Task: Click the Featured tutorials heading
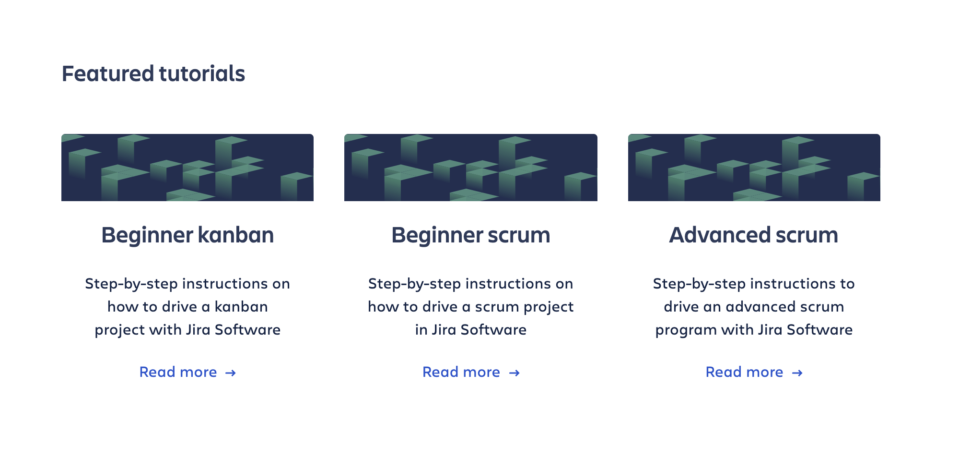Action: pos(153,74)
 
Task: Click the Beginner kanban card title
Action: pos(187,235)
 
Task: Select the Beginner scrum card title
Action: pos(471,235)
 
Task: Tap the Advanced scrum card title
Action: pos(754,235)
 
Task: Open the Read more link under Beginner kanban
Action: pos(187,372)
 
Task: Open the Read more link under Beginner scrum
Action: pos(471,372)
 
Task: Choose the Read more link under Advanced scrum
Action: pos(754,372)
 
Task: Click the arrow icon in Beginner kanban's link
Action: pos(231,373)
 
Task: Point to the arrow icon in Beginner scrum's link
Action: pos(515,373)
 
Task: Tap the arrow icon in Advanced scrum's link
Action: pos(797,373)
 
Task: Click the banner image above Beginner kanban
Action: pos(187,168)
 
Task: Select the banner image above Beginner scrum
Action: pos(471,168)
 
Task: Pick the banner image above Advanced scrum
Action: pos(754,168)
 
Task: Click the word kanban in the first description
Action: pos(241,307)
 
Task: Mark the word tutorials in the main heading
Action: pos(202,74)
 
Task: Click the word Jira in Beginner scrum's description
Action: pos(444,330)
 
